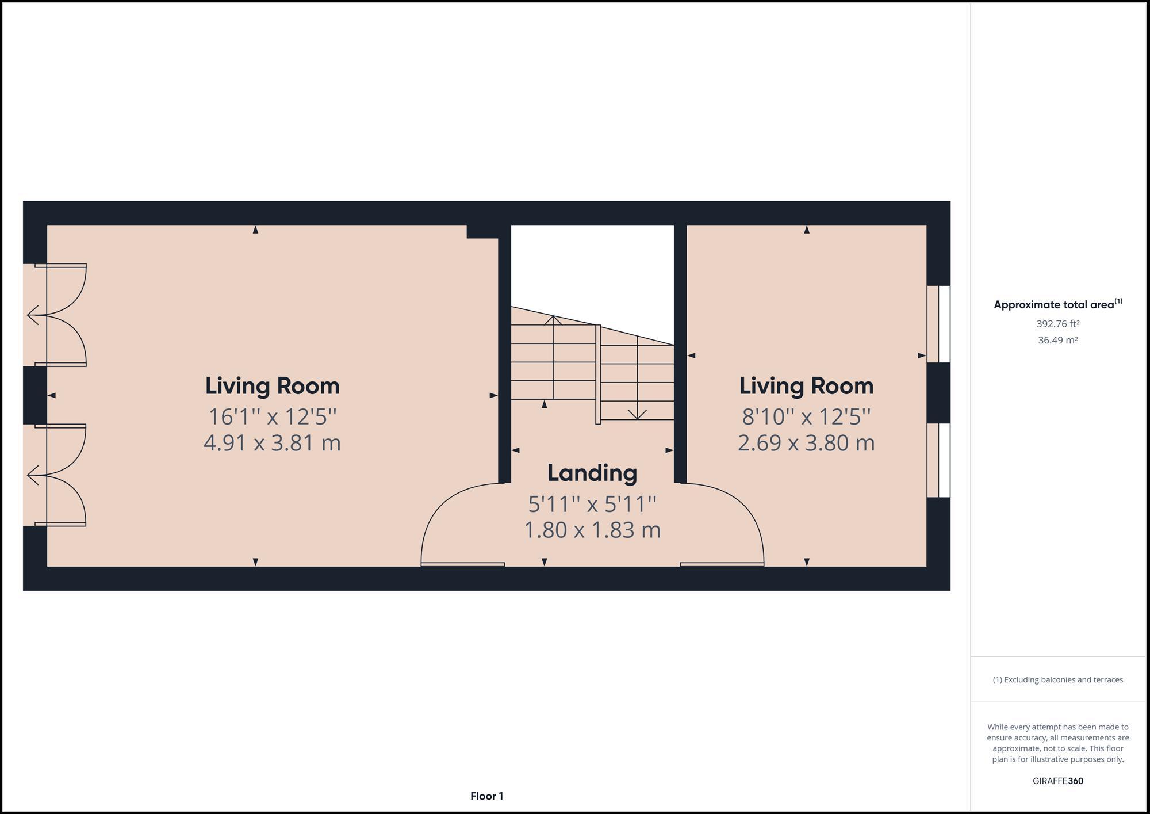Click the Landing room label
pyautogui.click(x=592, y=473)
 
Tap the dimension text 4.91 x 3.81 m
pyautogui.click(x=272, y=443)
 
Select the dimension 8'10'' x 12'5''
pyautogui.click(x=806, y=416)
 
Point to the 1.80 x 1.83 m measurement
pyautogui.click(x=592, y=530)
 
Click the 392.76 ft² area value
pyautogui.click(x=1057, y=324)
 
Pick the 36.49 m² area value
pyautogui.click(x=1057, y=340)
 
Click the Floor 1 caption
pyautogui.click(x=486, y=796)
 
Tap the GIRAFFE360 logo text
pyautogui.click(x=1057, y=781)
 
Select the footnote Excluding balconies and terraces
pyautogui.click(x=1057, y=679)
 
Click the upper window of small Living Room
pyautogui.click(x=938, y=324)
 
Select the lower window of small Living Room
pyautogui.click(x=938, y=460)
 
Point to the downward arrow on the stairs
pyautogui.click(x=637, y=413)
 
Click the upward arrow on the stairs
pyautogui.click(x=553, y=319)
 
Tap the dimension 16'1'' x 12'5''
pyautogui.click(x=272, y=416)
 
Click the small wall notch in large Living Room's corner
pyautogui.click(x=482, y=231)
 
